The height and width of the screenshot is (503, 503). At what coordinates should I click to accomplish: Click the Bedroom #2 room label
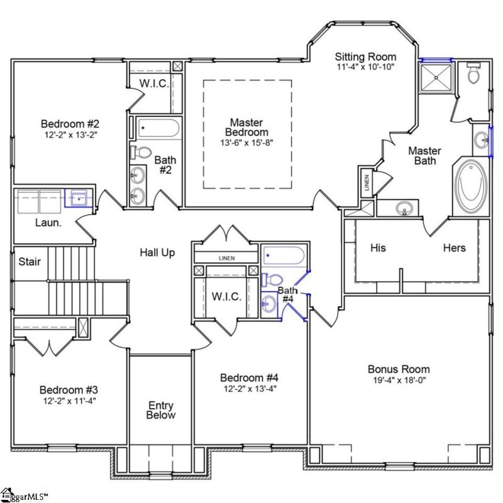click(x=69, y=123)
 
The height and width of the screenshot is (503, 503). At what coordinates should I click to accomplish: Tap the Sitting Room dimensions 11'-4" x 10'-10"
click(x=365, y=67)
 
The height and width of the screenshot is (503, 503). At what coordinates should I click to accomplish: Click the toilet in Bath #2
click(x=142, y=152)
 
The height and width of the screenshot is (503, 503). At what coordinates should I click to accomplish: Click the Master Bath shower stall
click(x=437, y=79)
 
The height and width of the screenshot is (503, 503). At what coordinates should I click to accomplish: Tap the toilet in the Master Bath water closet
click(x=474, y=75)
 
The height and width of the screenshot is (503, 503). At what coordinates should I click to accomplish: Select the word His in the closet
click(x=378, y=248)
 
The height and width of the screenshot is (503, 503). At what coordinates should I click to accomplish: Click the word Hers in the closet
click(x=454, y=248)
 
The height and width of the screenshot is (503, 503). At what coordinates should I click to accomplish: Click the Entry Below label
click(x=161, y=410)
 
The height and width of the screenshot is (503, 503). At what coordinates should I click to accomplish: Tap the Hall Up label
click(x=157, y=253)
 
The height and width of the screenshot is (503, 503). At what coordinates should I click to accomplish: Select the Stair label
click(x=30, y=261)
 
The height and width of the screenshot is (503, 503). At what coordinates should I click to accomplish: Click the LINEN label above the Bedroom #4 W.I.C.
click(x=226, y=258)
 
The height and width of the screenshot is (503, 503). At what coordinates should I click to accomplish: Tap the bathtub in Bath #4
click(x=284, y=255)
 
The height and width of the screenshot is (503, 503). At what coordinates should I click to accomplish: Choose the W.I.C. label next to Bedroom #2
click(x=153, y=84)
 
